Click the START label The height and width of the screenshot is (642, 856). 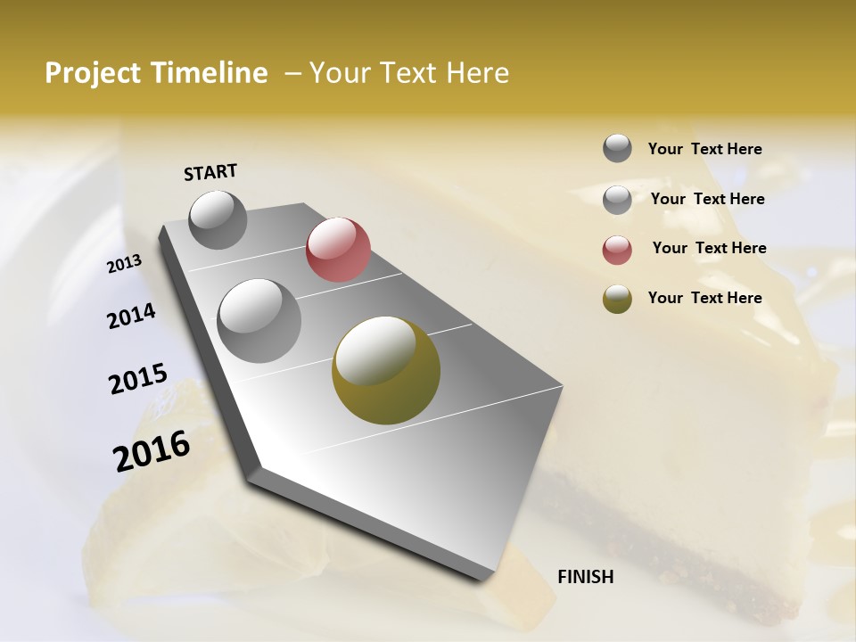point(210,172)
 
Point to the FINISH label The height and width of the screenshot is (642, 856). point(585,577)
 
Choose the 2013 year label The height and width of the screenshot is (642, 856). point(124,264)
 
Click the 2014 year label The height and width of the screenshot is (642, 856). point(131,316)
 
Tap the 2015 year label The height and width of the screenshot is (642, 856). point(137,379)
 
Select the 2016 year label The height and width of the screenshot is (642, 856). point(152,451)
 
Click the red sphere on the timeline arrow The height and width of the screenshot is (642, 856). point(338,249)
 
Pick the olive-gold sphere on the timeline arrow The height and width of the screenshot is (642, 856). point(386,370)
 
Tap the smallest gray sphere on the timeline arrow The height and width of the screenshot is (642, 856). point(218,219)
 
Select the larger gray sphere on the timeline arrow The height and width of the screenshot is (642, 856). point(259,320)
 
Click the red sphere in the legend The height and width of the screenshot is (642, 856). point(617,250)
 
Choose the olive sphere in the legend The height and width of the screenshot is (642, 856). point(617,299)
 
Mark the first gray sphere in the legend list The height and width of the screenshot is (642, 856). point(617,149)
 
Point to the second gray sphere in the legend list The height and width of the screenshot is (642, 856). point(617,200)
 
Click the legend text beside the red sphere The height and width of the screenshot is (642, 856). point(709,248)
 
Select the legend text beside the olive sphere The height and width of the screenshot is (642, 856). point(704,298)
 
